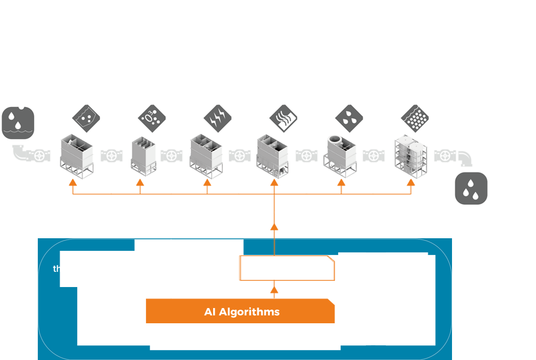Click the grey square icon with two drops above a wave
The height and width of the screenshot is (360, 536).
pos(18,123)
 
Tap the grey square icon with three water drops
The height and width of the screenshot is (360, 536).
pos(471,188)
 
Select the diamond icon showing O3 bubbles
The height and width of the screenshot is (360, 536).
pos(151,117)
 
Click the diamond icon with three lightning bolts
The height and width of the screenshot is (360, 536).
pos(217,117)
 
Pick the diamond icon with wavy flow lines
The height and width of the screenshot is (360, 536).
pos(282,117)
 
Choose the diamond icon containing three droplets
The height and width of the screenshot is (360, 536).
pos(348,117)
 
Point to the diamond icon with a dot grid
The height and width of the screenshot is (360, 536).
pos(414,117)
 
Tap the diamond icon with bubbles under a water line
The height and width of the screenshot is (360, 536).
pos(85,117)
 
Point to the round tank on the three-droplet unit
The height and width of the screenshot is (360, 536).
pos(334,142)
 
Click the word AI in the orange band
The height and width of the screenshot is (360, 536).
pos(211,312)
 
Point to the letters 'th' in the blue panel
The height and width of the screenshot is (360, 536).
pos(57,269)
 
